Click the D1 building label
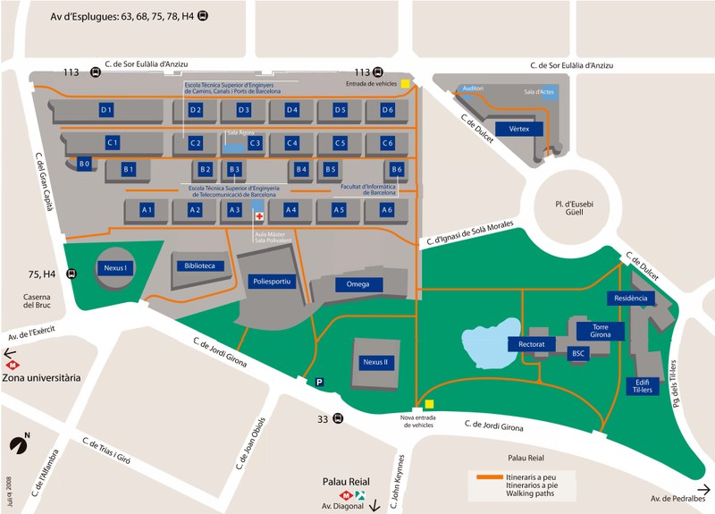click(105, 110)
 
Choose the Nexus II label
click(374, 362)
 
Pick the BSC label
click(577, 354)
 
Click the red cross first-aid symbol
click(259, 217)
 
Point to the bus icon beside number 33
click(338, 418)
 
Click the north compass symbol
click(19, 444)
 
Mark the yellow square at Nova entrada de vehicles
click(429, 404)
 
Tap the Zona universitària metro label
click(41, 377)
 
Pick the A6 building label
click(386, 209)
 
